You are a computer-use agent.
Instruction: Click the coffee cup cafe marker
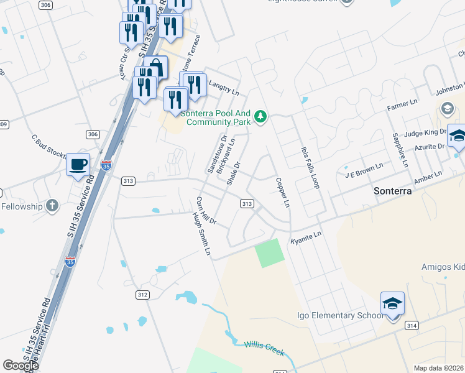pyautogui.click(x=78, y=165)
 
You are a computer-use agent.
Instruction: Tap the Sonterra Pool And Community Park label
pyautogui.click(x=216, y=117)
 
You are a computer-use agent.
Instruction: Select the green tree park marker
pyautogui.click(x=262, y=116)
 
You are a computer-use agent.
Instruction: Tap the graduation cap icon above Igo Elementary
pyautogui.click(x=393, y=304)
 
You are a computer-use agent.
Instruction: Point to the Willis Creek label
pyautogui.click(x=264, y=349)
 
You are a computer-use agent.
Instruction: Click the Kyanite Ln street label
pyautogui.click(x=306, y=236)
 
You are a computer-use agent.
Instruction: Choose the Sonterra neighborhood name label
pyautogui.click(x=393, y=191)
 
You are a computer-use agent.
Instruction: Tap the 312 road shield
pyautogui.click(x=142, y=295)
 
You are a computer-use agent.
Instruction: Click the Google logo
pyautogui.click(x=21, y=366)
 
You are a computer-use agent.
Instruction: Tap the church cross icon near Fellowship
pyautogui.click(x=53, y=205)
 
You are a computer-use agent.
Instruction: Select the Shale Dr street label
pyautogui.click(x=233, y=173)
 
